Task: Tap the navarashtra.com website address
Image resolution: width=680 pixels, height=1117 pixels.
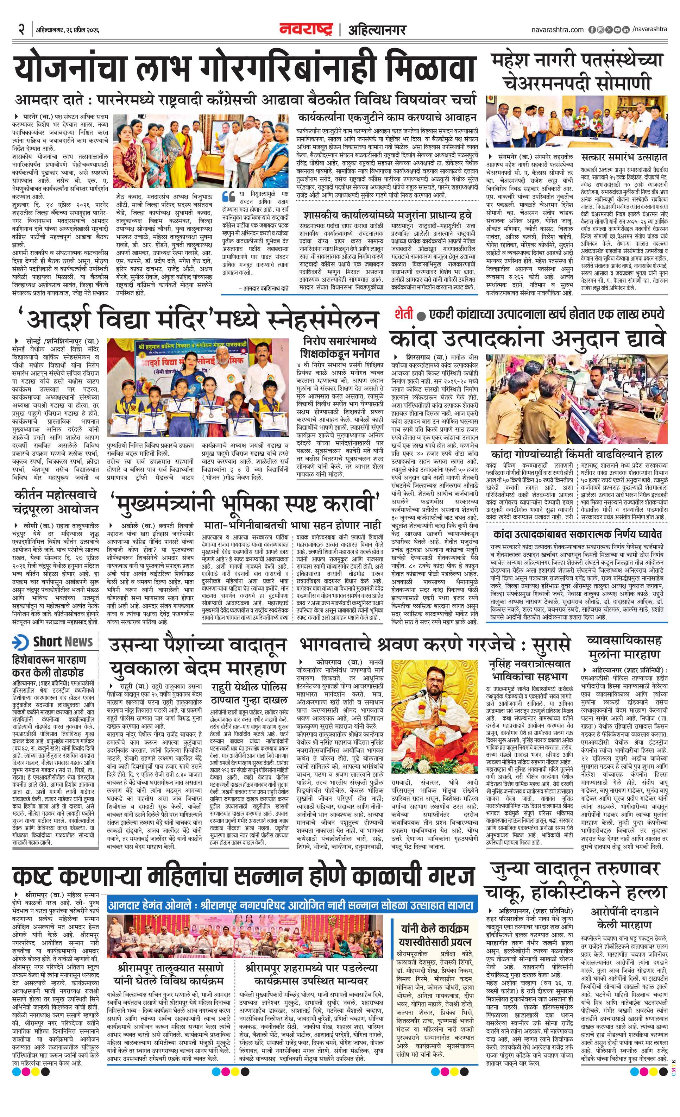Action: point(558,30)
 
